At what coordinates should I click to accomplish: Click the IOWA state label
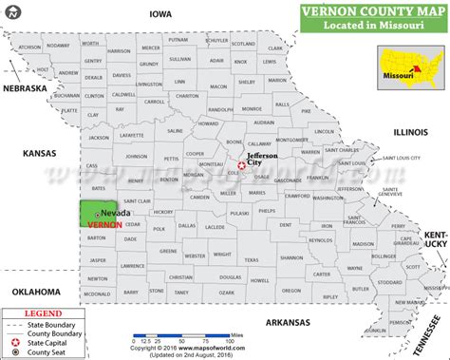click(x=159, y=14)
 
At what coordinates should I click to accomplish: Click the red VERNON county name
click(x=103, y=225)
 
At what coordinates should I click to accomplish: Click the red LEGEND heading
click(x=35, y=311)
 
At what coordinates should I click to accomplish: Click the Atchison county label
click(x=30, y=47)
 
